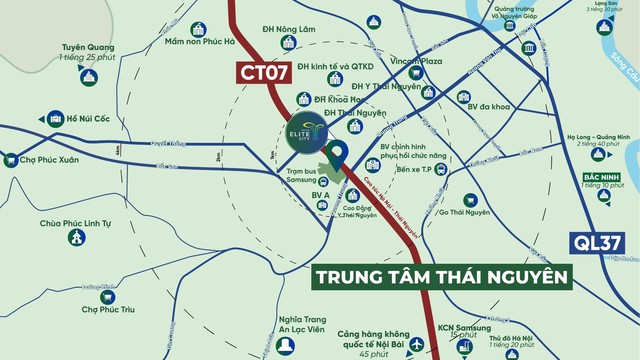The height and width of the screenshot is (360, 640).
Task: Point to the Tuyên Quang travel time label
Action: pos(84,52)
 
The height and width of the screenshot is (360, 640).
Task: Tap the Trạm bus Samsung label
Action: pos(301,176)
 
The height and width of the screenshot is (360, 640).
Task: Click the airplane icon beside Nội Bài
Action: pos(416,344)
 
